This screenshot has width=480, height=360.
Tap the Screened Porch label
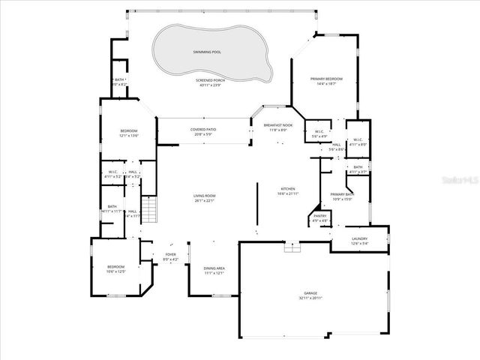[x=210, y=80]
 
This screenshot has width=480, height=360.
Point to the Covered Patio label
[x=203, y=129]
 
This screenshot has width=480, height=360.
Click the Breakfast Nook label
[x=277, y=125]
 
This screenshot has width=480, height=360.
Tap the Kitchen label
[x=288, y=189]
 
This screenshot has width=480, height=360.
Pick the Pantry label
[x=319, y=215]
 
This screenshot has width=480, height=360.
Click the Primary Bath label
[x=343, y=194]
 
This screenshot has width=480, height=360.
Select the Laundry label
[x=360, y=238]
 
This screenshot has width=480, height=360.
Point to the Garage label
[x=310, y=293]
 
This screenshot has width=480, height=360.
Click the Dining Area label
[x=214, y=268]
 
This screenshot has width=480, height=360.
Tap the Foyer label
[x=170, y=255]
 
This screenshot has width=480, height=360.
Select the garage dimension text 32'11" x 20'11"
[x=310, y=298]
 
